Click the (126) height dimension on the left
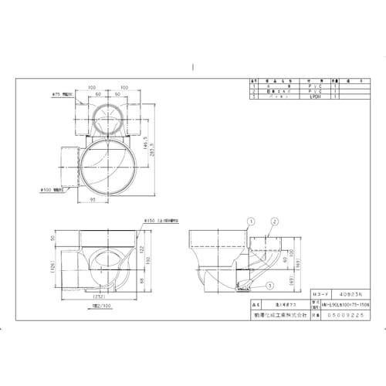click(x=50, y=269)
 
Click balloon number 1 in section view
click(x=250, y=220)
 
